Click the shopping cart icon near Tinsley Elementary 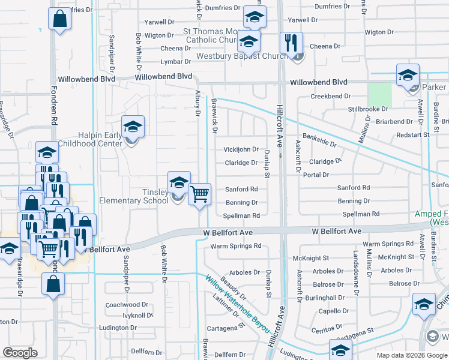coord(199,194)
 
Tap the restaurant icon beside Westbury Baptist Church coord(291,43)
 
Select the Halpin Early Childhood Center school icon coord(133,127)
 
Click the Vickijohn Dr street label coord(241,149)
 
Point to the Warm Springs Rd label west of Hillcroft coord(236,245)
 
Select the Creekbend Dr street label coord(330,96)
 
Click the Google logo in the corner coord(20,353)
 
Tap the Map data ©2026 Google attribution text coord(411,355)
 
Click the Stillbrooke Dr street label coord(368,109)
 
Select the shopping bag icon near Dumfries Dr coord(60,19)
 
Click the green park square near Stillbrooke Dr coord(379,94)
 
